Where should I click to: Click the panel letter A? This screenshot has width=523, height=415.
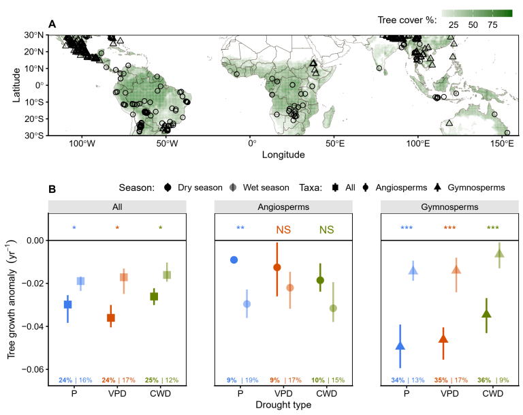(x=52, y=25)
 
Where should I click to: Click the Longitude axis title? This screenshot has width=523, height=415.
(x=283, y=155)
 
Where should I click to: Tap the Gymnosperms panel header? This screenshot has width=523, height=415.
(x=449, y=205)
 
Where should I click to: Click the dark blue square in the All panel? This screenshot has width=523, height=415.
(x=68, y=304)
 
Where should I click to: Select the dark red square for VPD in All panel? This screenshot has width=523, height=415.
(x=111, y=318)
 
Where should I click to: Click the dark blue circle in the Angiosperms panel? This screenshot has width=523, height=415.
(x=234, y=260)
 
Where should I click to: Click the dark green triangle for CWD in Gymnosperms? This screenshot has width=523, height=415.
(x=486, y=313)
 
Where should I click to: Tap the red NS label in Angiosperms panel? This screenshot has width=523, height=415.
(x=283, y=230)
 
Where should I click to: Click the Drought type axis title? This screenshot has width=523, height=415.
(x=283, y=405)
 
